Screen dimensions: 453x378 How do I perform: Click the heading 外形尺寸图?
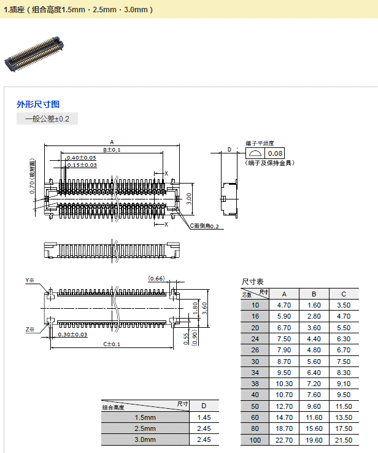click(38, 104)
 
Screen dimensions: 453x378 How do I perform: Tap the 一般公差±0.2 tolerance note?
click(47, 119)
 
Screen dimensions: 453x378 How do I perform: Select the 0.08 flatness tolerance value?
click(276, 153)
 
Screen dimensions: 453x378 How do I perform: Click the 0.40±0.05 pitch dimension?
click(82, 158)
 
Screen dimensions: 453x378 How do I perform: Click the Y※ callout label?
click(30, 281)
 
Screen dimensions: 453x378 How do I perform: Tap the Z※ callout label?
click(30, 330)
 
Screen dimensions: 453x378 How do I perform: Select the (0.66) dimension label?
click(156, 279)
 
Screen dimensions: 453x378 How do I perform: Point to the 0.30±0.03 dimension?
click(73, 335)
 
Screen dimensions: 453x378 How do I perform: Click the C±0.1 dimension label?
click(111, 344)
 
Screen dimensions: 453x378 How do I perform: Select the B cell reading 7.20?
click(314, 383)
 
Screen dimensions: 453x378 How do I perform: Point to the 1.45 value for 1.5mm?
click(204, 417)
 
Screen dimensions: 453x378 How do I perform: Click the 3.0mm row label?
click(145, 439)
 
